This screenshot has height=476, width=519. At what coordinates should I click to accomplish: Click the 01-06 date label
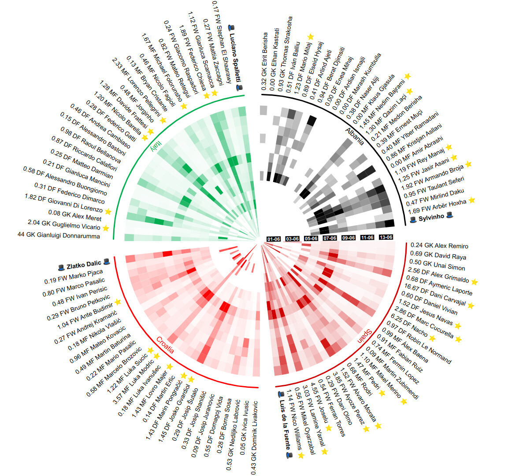tap(273, 239)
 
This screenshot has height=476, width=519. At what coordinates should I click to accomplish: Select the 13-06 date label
tap(386, 237)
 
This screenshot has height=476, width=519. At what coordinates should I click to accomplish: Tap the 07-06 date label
tap(330, 238)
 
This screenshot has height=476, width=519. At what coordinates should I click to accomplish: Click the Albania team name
tap(355, 137)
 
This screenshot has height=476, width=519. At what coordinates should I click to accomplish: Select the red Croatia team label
tap(165, 346)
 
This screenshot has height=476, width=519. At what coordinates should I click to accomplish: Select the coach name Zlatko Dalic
tap(84, 265)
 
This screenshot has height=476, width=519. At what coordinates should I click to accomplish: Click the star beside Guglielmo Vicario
tap(105, 228)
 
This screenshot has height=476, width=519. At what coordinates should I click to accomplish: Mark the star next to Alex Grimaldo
tap(475, 281)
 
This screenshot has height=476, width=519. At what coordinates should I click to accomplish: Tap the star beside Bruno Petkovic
tap(118, 301)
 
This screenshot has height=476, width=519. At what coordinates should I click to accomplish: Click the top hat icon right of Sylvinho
tap(449, 215)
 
